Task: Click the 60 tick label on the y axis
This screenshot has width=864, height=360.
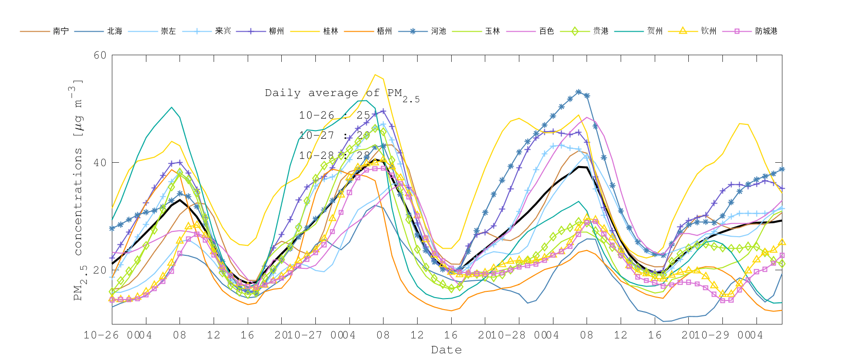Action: pos(100,55)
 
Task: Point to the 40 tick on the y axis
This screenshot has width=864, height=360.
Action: pos(100,163)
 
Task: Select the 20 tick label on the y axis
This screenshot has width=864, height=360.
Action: pos(100,270)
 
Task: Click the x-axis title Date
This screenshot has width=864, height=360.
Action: pos(446,350)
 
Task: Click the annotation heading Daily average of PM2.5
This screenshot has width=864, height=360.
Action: pos(342,94)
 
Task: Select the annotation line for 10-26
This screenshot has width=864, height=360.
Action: pos(335,115)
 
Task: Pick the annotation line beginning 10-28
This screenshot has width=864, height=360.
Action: pos(335,156)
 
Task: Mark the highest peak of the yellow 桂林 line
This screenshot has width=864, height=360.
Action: pos(375,74)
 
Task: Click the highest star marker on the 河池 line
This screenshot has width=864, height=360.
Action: pos(578,92)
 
